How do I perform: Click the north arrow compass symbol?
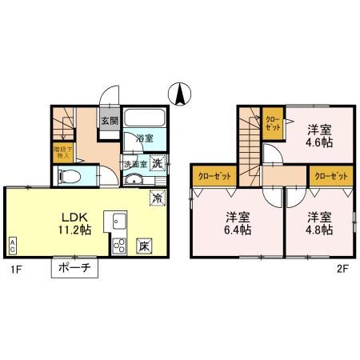click(181, 94)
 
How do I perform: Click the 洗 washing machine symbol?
click(158, 163)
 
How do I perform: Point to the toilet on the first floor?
click(67, 175)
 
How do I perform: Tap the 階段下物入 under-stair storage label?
click(61, 151)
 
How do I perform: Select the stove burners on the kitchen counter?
click(119, 244)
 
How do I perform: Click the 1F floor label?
click(15, 269)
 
